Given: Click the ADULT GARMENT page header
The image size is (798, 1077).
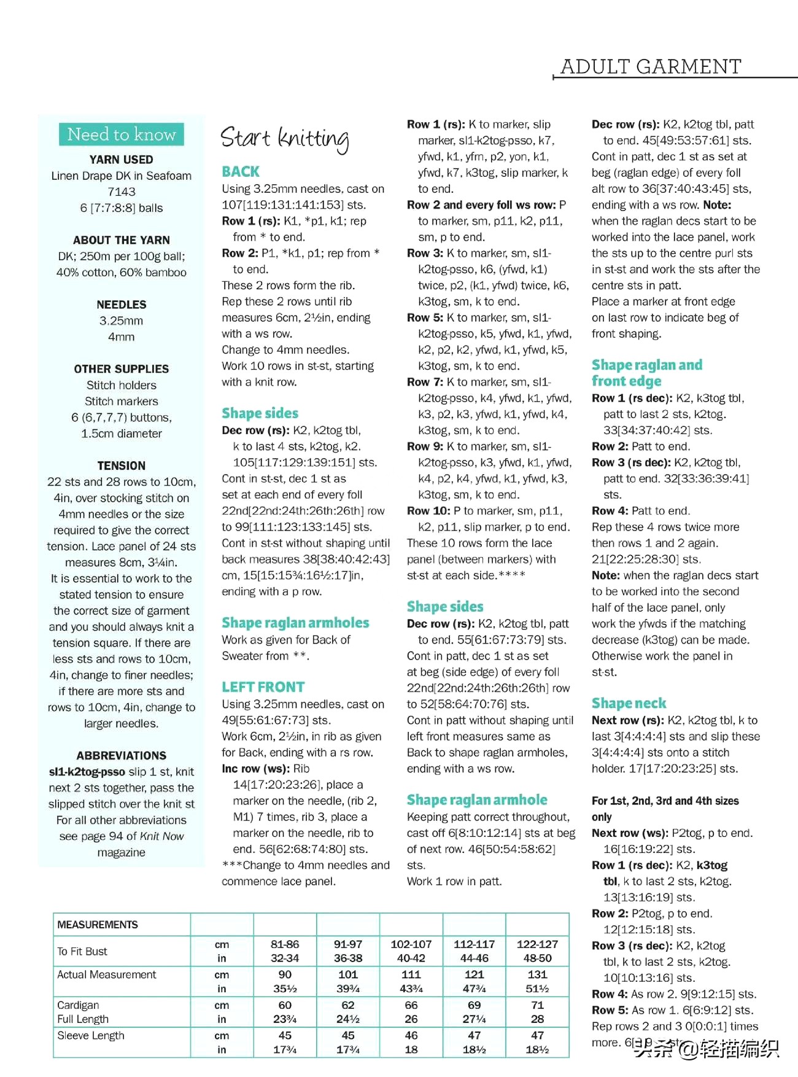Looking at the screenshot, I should [x=651, y=66].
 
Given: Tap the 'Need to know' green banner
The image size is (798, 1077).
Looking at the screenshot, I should [x=122, y=134].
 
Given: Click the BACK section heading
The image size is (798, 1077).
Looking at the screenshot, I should [x=241, y=172].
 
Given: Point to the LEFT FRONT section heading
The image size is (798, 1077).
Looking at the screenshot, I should [x=263, y=687].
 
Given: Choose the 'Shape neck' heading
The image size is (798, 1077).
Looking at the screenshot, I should [x=629, y=703].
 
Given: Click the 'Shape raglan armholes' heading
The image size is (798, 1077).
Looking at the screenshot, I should [x=295, y=623].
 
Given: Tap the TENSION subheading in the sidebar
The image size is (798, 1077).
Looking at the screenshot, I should [x=122, y=465].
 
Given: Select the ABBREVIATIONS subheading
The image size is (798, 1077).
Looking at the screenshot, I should [x=122, y=756].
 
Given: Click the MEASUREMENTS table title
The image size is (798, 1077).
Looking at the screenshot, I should [x=98, y=925].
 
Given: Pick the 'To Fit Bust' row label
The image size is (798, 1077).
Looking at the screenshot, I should [x=82, y=951].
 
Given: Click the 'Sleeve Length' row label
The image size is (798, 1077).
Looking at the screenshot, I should [x=91, y=1035].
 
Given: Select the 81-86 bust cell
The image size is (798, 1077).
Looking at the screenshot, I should [x=285, y=944].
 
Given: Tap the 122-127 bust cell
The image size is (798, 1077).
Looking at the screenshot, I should [x=537, y=944].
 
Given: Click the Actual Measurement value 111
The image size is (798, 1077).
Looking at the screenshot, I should [x=411, y=974].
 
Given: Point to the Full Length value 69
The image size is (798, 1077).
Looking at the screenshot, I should [x=474, y=1005].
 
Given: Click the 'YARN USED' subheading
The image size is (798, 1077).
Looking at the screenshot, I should [x=122, y=160].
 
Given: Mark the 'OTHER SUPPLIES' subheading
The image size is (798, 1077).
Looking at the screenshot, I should [x=122, y=369].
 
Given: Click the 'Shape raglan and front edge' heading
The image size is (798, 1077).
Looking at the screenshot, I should [x=647, y=373].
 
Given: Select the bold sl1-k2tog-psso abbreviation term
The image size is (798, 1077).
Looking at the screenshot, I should [x=87, y=772].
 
